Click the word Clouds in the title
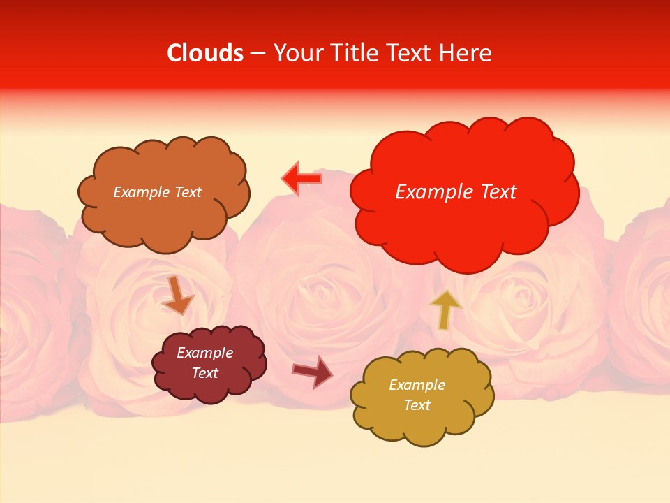pyautogui.click(x=205, y=53)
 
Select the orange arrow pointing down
pyautogui.click(x=177, y=295)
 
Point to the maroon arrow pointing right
pyautogui.click(x=313, y=372)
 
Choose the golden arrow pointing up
pyautogui.click(x=445, y=308)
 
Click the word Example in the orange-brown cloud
pyautogui.click(x=142, y=192)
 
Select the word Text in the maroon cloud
pyautogui.click(x=204, y=373)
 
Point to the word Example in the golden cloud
pyautogui.click(x=417, y=385)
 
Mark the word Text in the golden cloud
pyautogui.click(x=417, y=405)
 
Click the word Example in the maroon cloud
pyautogui.click(x=204, y=353)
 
